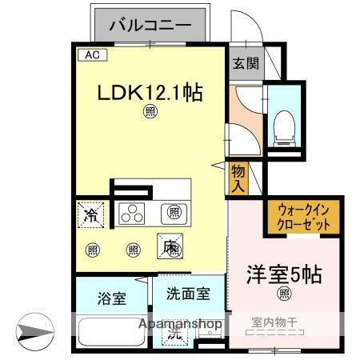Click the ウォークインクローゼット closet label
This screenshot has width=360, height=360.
click(x=304, y=218)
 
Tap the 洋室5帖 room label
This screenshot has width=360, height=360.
click(x=284, y=274)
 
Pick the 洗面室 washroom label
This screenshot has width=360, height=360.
click(x=190, y=294)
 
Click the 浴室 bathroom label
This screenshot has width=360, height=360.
click(x=111, y=300)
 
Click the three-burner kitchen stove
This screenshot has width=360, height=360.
click(x=134, y=213)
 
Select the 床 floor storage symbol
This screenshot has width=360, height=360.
click(x=170, y=248)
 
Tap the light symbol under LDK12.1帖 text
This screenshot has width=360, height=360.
click(x=150, y=112)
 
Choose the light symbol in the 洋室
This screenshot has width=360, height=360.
click(x=284, y=294)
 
